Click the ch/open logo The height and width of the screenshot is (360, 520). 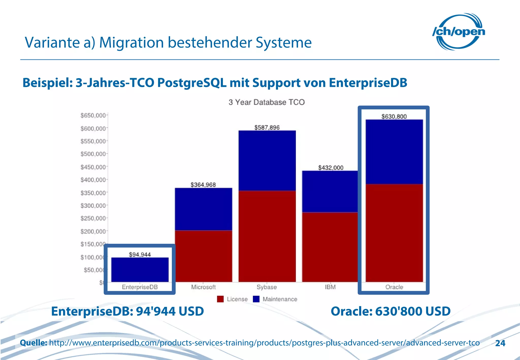click(x=459, y=32)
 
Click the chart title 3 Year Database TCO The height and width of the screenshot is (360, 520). click(x=266, y=102)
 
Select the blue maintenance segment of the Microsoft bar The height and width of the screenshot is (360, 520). click(x=203, y=209)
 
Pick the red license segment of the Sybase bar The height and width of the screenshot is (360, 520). click(x=267, y=236)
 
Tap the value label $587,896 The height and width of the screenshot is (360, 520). click(x=267, y=127)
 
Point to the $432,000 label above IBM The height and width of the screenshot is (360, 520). click(x=331, y=168)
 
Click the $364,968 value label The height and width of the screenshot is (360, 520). click(x=203, y=185)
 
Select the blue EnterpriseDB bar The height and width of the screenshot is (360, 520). click(x=140, y=270)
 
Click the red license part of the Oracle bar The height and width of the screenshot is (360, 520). click(x=394, y=233)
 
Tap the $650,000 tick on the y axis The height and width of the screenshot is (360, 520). click(x=93, y=116)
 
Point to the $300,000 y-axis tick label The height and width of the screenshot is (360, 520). click(x=93, y=205)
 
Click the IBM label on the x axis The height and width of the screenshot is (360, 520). click(x=330, y=287)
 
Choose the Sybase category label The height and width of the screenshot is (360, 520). click(x=267, y=287)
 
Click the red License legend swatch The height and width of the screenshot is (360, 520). click(x=220, y=299)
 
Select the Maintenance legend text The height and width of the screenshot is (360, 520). click(x=280, y=299)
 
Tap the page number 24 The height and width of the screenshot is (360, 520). click(x=500, y=343)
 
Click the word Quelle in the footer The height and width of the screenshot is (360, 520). click(x=33, y=343)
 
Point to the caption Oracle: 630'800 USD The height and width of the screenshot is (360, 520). click(x=390, y=311)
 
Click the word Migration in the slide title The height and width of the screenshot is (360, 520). click(x=131, y=42)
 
